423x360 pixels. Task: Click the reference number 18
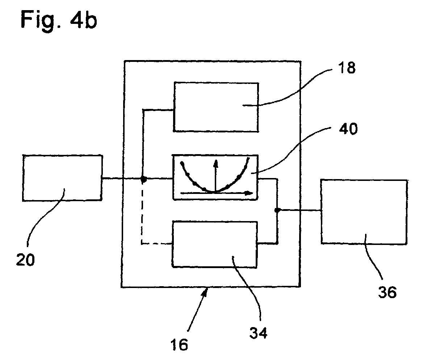(x=347, y=68)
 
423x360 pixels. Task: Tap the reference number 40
(x=348, y=128)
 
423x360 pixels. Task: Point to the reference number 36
(x=388, y=292)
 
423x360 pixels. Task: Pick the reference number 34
(x=258, y=333)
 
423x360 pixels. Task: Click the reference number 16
(x=179, y=345)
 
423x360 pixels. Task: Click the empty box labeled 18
(x=216, y=107)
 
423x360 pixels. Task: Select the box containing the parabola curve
(x=215, y=177)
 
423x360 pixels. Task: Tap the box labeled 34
(x=214, y=244)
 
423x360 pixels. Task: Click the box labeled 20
(x=62, y=178)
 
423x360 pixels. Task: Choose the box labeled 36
(x=364, y=212)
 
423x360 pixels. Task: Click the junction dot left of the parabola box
(x=144, y=179)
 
